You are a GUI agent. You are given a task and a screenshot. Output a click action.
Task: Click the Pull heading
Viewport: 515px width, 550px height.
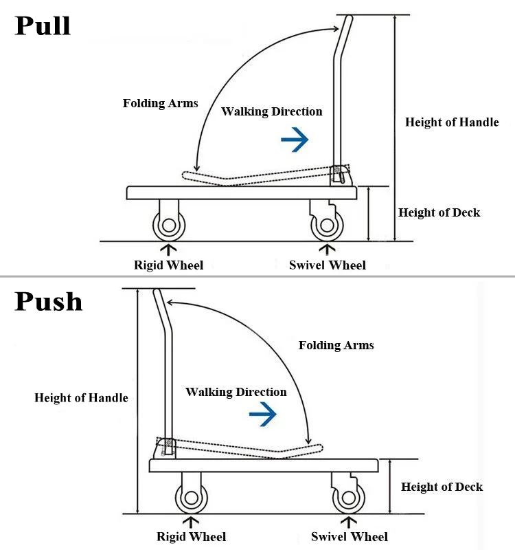(x=43, y=25)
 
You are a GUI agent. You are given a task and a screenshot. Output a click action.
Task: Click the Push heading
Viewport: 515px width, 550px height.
(x=48, y=301)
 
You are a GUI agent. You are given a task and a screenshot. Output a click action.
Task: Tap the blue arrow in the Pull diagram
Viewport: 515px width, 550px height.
(x=295, y=140)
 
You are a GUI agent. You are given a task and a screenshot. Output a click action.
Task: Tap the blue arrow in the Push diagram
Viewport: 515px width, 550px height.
(x=263, y=414)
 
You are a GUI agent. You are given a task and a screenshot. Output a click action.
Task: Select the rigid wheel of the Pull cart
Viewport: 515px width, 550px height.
(x=169, y=225)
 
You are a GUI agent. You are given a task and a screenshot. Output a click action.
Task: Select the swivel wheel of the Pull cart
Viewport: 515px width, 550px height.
(x=328, y=225)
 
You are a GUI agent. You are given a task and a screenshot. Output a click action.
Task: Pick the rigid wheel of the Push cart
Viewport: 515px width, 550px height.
(x=192, y=498)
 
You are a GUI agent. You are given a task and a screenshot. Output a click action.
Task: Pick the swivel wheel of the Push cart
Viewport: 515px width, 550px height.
(x=349, y=498)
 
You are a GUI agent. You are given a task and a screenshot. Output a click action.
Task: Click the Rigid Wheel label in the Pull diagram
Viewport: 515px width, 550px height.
(x=168, y=265)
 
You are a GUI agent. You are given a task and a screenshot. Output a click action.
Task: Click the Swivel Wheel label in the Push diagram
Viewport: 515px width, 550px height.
(x=350, y=537)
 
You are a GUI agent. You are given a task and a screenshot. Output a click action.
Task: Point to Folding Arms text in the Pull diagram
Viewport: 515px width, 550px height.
(x=160, y=103)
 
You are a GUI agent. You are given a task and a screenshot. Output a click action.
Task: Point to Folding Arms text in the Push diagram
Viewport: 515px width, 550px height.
(x=336, y=345)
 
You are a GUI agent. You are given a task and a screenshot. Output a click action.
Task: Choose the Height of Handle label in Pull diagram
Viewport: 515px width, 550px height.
(x=452, y=122)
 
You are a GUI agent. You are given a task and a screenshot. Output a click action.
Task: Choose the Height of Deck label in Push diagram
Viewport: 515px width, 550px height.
(x=442, y=487)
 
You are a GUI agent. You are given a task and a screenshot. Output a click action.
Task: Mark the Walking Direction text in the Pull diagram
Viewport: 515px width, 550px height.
(x=271, y=111)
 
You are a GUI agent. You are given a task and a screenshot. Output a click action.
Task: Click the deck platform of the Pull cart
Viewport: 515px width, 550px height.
(x=242, y=193)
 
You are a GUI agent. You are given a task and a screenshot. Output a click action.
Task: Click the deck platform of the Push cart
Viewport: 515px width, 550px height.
(x=264, y=465)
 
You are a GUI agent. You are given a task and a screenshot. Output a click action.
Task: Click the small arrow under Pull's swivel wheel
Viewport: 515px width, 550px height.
(x=328, y=250)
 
